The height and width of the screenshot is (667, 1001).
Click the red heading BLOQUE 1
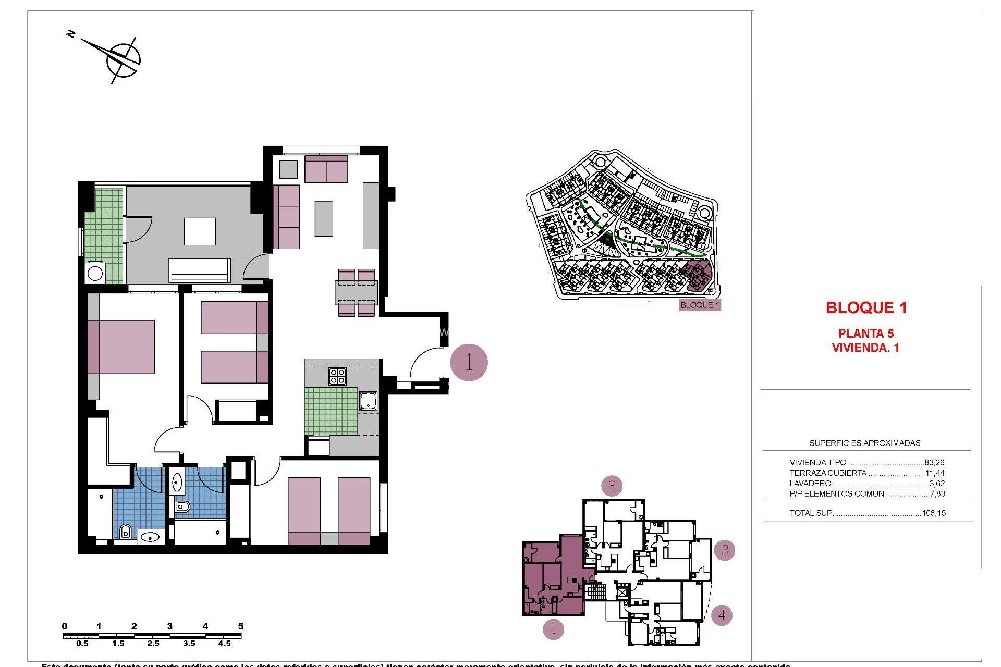click(x=866, y=308)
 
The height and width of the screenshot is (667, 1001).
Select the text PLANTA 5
click(x=865, y=333)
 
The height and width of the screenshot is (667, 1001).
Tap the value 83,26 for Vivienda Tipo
click(x=934, y=462)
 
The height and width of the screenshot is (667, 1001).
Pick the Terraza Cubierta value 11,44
click(x=935, y=473)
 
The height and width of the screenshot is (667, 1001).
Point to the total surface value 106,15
click(x=933, y=513)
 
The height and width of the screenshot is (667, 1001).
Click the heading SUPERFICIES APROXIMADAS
click(x=864, y=443)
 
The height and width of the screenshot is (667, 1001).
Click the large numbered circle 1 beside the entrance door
click(x=469, y=362)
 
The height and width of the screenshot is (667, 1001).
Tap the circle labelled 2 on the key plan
click(x=612, y=486)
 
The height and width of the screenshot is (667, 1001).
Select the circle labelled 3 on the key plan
click(x=724, y=550)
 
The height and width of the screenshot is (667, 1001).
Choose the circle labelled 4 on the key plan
click(x=722, y=615)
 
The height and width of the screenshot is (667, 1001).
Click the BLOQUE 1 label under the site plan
click(x=700, y=305)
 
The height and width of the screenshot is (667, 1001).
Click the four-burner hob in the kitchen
click(x=337, y=376)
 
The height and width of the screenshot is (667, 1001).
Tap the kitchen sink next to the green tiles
click(x=368, y=401)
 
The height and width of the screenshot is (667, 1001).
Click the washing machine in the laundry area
click(x=95, y=273)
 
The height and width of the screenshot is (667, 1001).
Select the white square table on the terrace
click(x=200, y=231)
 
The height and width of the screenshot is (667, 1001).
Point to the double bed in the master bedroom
click(x=122, y=347)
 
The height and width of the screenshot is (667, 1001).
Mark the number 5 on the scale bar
click(x=240, y=626)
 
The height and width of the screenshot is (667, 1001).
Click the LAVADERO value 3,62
click(x=937, y=484)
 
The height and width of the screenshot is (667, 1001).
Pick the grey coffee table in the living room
click(x=324, y=218)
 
